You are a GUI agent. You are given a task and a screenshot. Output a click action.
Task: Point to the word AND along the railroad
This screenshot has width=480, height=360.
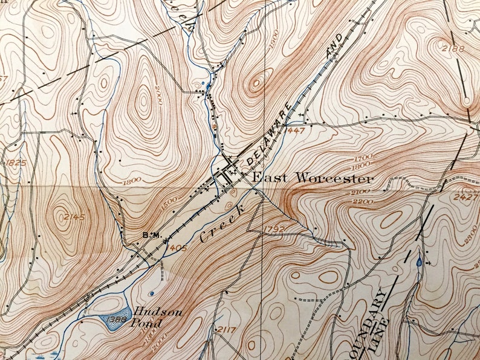(334, 47)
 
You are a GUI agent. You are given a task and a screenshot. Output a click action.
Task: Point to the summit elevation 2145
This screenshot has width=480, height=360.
(74, 217)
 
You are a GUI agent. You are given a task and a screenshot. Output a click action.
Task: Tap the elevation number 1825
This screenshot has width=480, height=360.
(14, 163)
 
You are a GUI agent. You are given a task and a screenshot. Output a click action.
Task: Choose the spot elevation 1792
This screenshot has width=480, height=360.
(274, 228)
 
